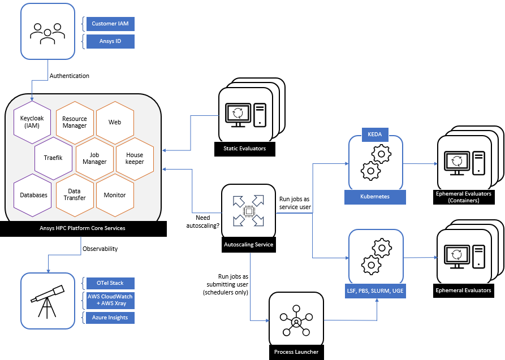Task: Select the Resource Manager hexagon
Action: [x=75, y=122]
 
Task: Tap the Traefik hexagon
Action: [x=53, y=158]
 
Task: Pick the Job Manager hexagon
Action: [x=94, y=158]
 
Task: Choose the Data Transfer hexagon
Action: [x=75, y=195]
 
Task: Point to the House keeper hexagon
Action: [x=135, y=158]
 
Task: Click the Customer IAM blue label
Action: [x=111, y=24]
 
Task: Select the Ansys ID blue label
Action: [x=111, y=41]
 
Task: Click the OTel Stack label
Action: [x=110, y=283]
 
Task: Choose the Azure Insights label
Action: [x=110, y=318]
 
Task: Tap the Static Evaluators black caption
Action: [x=244, y=149]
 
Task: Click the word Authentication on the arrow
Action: [x=69, y=76]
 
